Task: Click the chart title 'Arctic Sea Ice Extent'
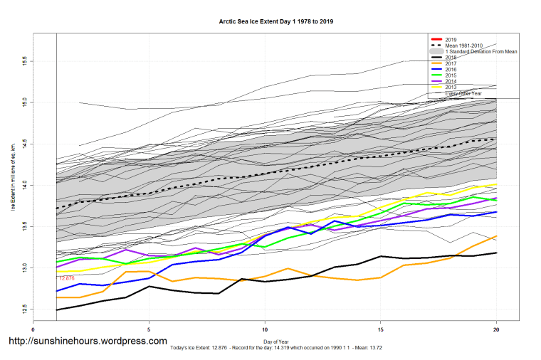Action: click(x=275, y=21)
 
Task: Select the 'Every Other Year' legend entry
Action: click(x=463, y=93)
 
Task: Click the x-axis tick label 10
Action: click(x=265, y=330)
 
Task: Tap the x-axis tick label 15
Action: click(x=381, y=330)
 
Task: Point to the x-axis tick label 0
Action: click(x=33, y=330)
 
